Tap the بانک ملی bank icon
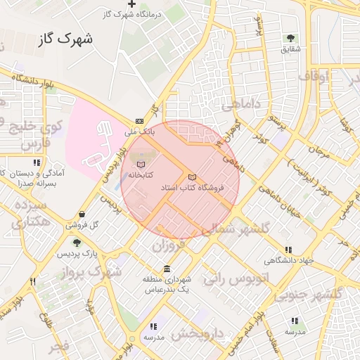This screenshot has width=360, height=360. pos(139,122)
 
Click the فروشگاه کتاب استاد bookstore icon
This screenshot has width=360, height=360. pos(193,177)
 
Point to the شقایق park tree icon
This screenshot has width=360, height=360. pos(290,38)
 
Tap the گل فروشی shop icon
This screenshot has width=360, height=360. pos(83,214)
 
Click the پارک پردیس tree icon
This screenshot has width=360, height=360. pos(77,243)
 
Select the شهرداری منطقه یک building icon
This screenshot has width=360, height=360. pos(167,269)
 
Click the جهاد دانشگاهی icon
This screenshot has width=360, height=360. pos(288,250)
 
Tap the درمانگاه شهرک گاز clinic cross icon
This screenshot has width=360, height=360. pos(131,4)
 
